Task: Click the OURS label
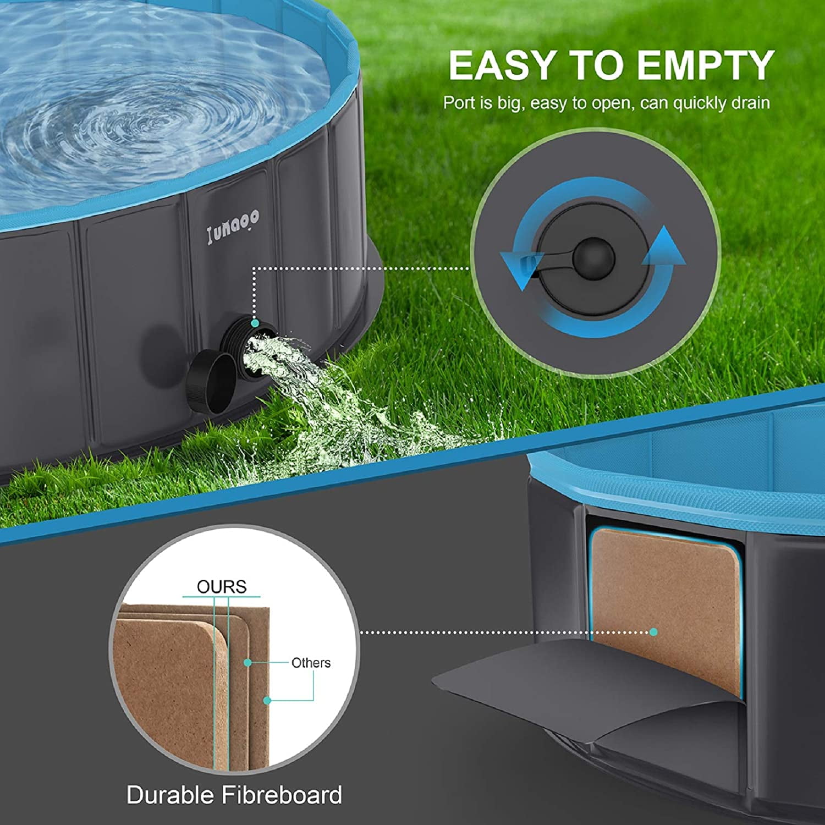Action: [222, 587]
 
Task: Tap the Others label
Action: [311, 663]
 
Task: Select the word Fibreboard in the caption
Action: [282, 795]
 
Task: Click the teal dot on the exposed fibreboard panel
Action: [653, 632]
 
